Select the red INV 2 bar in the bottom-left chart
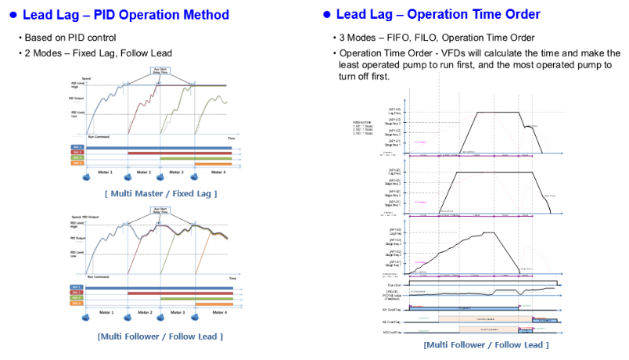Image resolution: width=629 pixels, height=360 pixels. tap(180, 293)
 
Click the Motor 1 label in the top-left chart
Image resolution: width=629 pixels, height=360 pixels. tap(104, 171)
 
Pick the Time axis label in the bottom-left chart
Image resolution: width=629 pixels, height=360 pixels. tap(232, 279)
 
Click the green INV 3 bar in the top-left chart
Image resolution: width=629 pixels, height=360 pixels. tap(196, 157)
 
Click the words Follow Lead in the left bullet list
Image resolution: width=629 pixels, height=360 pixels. tap(152, 52)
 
